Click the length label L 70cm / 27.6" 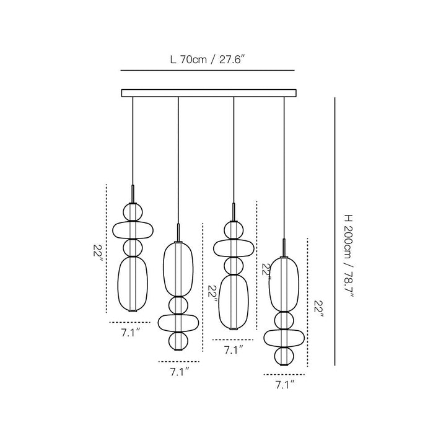pos(208,60)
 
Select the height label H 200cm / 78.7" pos(348,256)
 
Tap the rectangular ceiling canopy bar pos(209,93)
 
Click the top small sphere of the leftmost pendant pos(132,212)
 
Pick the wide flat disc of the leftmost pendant pos(133,230)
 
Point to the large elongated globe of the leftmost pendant pos(133,284)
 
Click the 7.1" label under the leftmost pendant pos(131,333)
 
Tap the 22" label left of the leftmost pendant pos(98,250)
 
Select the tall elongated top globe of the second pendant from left pos(178,269)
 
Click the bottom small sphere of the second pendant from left pos(178,341)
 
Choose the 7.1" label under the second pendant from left pos(180,372)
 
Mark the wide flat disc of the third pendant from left pos(234,248)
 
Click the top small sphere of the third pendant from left pos(234,230)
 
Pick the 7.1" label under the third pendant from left pos(234,350)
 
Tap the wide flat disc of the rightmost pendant pos(284,338)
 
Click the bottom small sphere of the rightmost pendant pos(284,356)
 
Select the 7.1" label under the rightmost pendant pos(284,385)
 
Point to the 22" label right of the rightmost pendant pos(319,309)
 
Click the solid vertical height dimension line pos(334,231)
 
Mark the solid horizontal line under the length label pos(208,70)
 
